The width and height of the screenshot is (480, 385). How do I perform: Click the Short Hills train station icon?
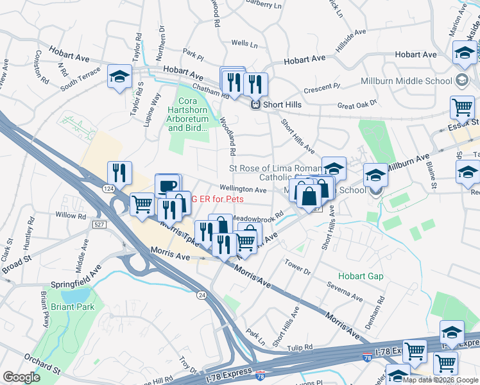point(255,105)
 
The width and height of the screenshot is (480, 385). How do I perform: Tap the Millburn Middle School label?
point(416,81)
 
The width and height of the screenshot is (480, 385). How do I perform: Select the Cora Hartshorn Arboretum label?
point(188,114)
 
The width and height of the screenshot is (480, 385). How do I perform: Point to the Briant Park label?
point(74,307)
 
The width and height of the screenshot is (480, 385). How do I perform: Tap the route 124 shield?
point(109,187)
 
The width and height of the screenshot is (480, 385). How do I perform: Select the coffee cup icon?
point(167,185)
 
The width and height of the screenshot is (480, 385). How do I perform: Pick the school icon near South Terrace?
point(119,76)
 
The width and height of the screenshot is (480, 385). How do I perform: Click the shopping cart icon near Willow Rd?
point(142,204)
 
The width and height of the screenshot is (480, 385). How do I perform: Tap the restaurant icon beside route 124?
point(119,172)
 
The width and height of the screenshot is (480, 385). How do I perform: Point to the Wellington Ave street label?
point(243,190)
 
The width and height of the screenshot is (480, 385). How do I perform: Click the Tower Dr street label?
point(298,267)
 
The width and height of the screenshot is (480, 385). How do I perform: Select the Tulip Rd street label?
point(300,347)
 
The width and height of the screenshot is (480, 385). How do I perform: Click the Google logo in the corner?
point(21,377)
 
